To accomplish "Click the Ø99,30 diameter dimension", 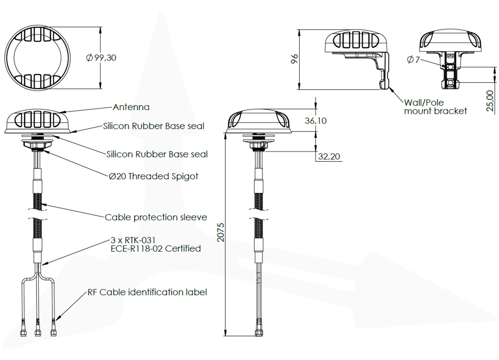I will (x=101, y=58).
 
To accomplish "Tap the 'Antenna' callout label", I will (x=131, y=107).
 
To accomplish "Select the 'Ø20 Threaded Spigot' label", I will (x=153, y=176).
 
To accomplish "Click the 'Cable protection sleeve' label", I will (x=156, y=217).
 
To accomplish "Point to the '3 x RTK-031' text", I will (x=133, y=240).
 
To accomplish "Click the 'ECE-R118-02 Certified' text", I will (x=156, y=249).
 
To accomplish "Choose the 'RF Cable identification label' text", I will (x=147, y=292).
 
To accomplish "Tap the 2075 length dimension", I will (x=221, y=232).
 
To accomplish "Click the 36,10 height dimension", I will (x=315, y=121).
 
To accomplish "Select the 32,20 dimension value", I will (x=329, y=157).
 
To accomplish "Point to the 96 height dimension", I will (x=294, y=59).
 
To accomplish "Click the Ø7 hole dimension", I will (x=413, y=59).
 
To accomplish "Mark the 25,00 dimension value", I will (x=490, y=101).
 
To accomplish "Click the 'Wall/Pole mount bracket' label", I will (x=435, y=107).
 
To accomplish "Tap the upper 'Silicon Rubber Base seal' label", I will (x=154, y=126).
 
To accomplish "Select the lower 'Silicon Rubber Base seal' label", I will (x=157, y=154).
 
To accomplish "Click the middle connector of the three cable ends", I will (x=38, y=332).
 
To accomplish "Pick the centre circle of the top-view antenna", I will (x=38, y=58).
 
